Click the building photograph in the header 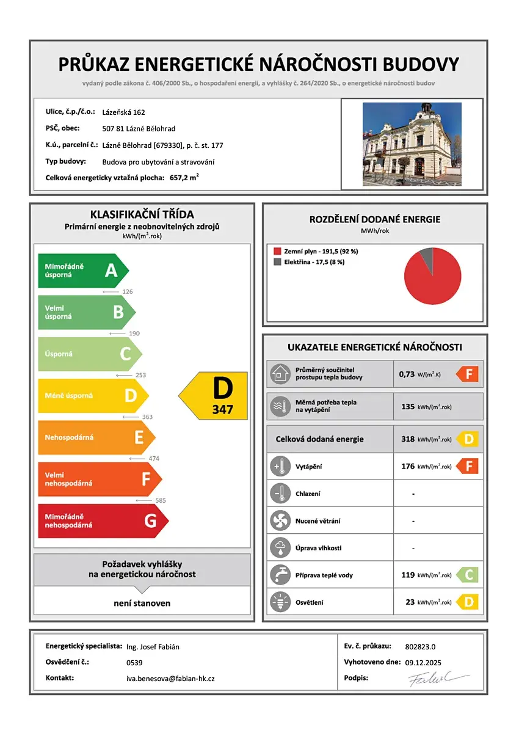412,144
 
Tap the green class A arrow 82,271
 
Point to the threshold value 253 140,375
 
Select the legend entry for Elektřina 310,261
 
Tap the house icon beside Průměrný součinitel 281,374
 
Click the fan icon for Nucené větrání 281,521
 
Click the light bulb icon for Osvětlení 281,602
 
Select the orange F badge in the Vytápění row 468,467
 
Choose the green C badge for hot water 468,575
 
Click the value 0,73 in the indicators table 407,374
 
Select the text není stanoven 142,603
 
